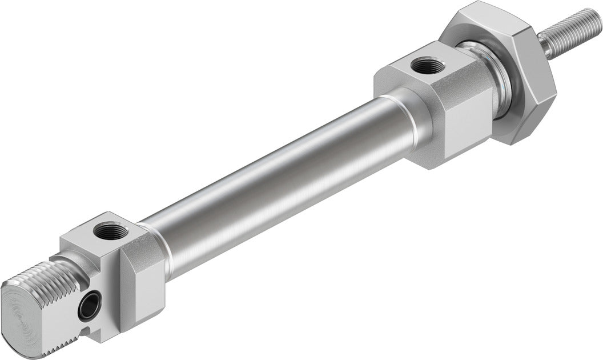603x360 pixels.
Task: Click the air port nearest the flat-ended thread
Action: [107, 231]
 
